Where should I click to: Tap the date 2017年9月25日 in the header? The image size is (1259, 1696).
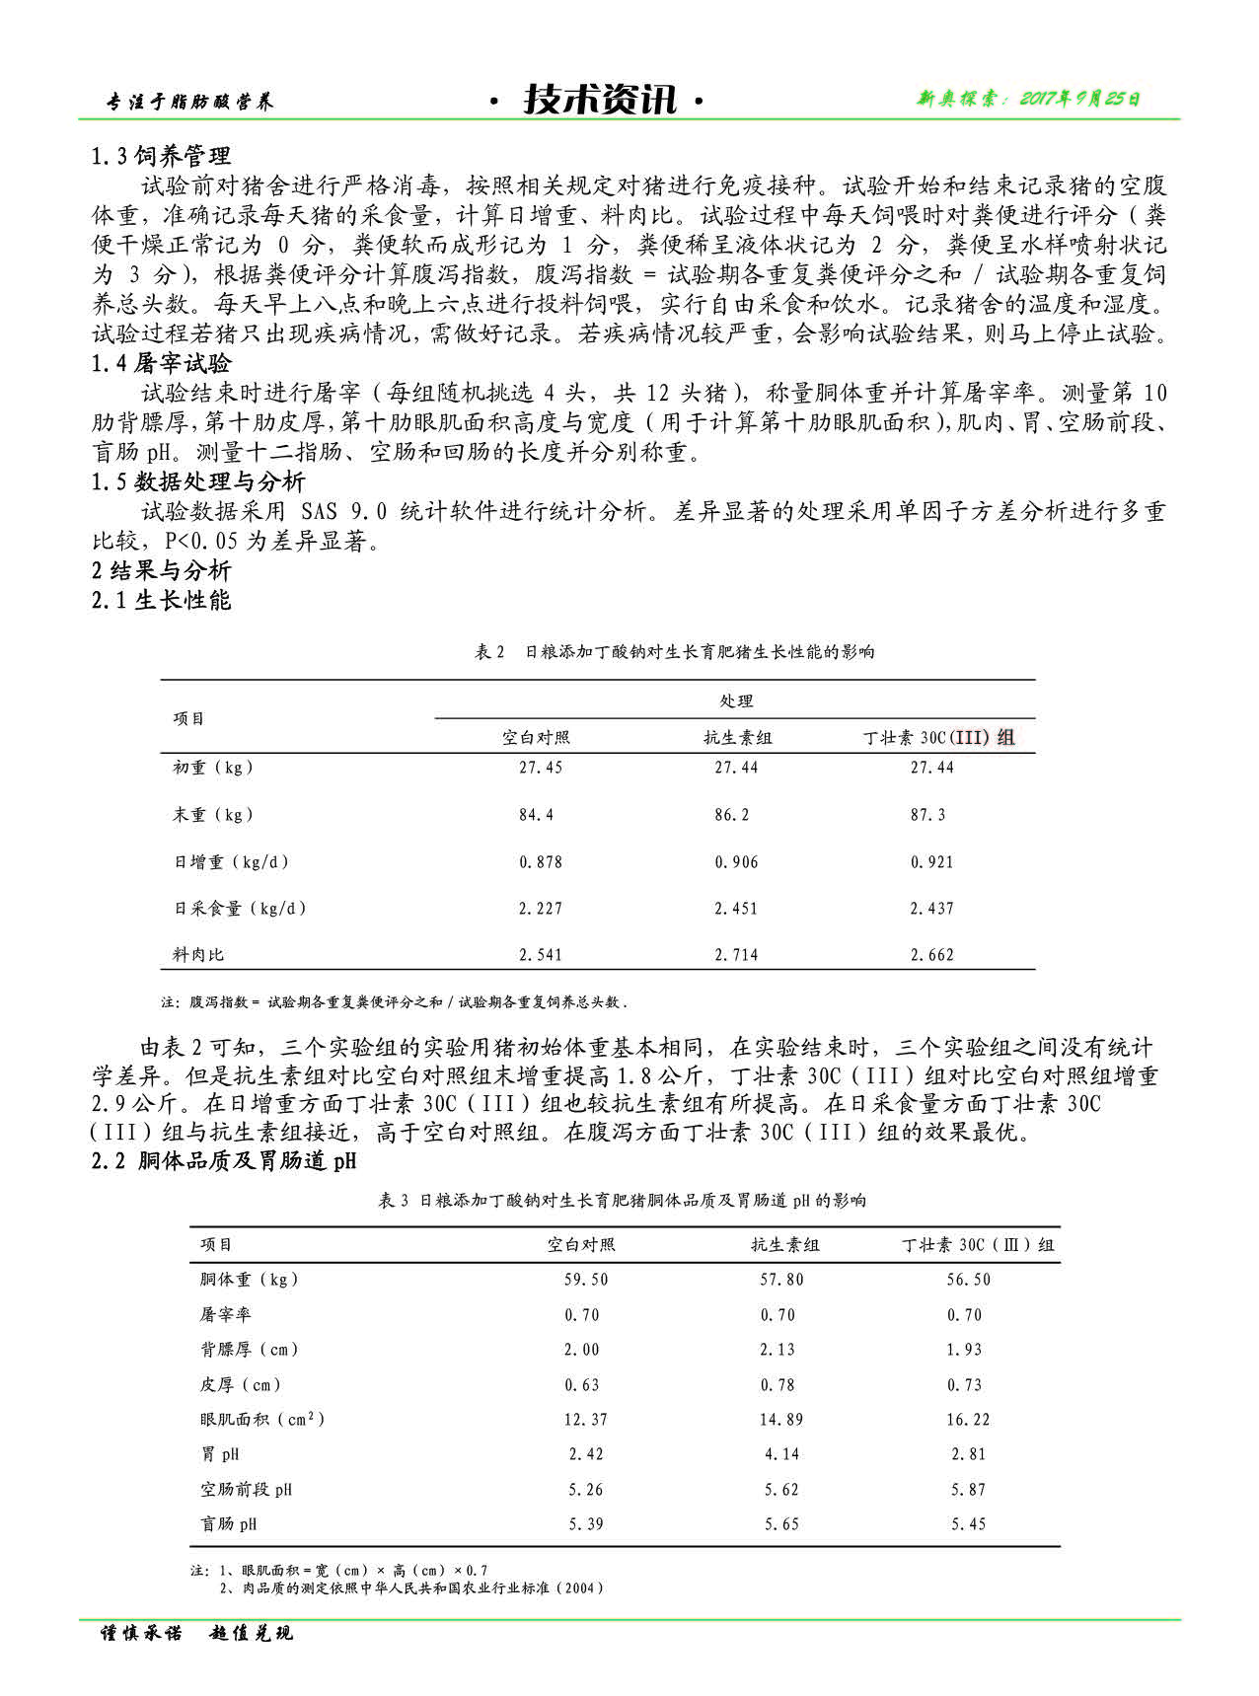tap(1029, 99)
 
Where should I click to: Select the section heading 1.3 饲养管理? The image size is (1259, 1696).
tap(162, 156)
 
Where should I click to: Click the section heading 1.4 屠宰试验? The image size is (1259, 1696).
tap(162, 364)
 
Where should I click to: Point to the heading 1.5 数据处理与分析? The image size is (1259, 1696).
tap(198, 482)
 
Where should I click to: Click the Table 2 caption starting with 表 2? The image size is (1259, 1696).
tap(675, 652)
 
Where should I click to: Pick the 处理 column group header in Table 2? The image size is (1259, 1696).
tap(736, 701)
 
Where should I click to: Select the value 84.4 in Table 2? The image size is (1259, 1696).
tap(537, 815)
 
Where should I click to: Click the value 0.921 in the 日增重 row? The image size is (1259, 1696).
tap(931, 862)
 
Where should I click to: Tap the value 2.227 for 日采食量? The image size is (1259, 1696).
tap(541, 909)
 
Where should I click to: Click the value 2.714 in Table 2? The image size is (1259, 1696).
tap(736, 955)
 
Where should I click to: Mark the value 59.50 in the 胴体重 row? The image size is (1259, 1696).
tap(586, 1280)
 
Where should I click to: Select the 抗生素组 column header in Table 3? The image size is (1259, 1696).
tap(784, 1245)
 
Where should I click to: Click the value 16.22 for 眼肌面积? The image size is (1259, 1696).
tap(968, 1420)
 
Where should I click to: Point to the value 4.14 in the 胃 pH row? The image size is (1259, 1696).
tap(781, 1454)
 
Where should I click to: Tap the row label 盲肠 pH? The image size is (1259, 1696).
tap(229, 1524)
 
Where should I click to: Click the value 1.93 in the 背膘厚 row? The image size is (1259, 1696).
tap(964, 1350)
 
